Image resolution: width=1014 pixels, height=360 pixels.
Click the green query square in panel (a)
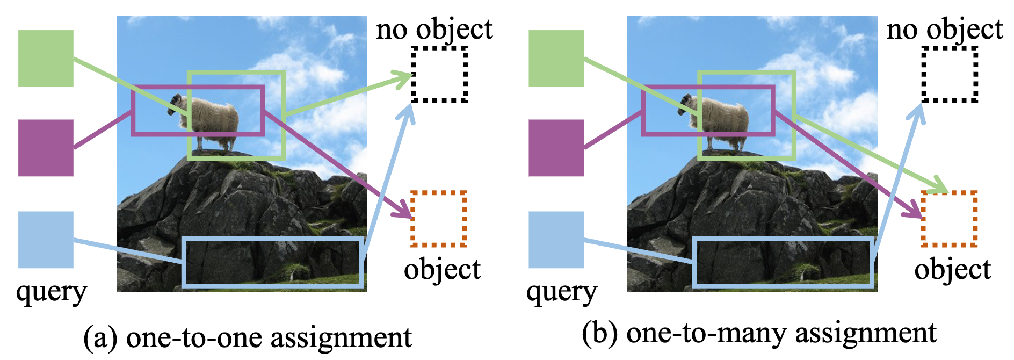tap(46, 59)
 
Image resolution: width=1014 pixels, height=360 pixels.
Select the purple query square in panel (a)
tap(46, 148)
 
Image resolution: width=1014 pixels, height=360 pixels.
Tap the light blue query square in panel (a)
tap(46, 240)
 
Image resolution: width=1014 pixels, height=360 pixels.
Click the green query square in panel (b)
tap(556, 59)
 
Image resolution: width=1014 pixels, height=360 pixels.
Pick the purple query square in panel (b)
tap(556, 148)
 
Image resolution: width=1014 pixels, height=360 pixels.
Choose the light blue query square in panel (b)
tap(556, 240)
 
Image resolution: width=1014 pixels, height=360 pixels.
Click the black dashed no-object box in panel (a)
tap(439, 74)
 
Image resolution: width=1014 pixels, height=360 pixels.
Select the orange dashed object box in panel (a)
tap(439, 219)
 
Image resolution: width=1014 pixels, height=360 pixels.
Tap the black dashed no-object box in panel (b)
tap(950, 74)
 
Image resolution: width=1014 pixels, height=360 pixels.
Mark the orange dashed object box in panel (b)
tap(949, 219)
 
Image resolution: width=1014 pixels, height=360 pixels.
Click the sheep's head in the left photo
tap(175, 102)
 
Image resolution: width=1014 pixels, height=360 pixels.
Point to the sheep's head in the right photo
tap(685, 102)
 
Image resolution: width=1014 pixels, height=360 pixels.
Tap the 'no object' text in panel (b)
tap(944, 29)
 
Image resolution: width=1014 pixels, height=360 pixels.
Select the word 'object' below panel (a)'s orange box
tap(442, 269)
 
